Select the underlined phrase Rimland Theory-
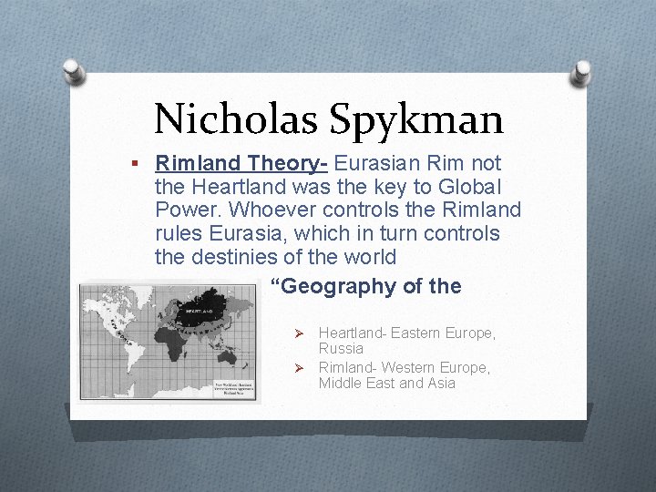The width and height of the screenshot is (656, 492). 242,163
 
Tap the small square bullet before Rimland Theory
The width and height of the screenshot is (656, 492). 134,164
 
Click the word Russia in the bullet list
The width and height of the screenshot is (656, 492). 341,349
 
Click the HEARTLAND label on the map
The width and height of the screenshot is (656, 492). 200,310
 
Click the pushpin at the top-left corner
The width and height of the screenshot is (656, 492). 76,72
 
